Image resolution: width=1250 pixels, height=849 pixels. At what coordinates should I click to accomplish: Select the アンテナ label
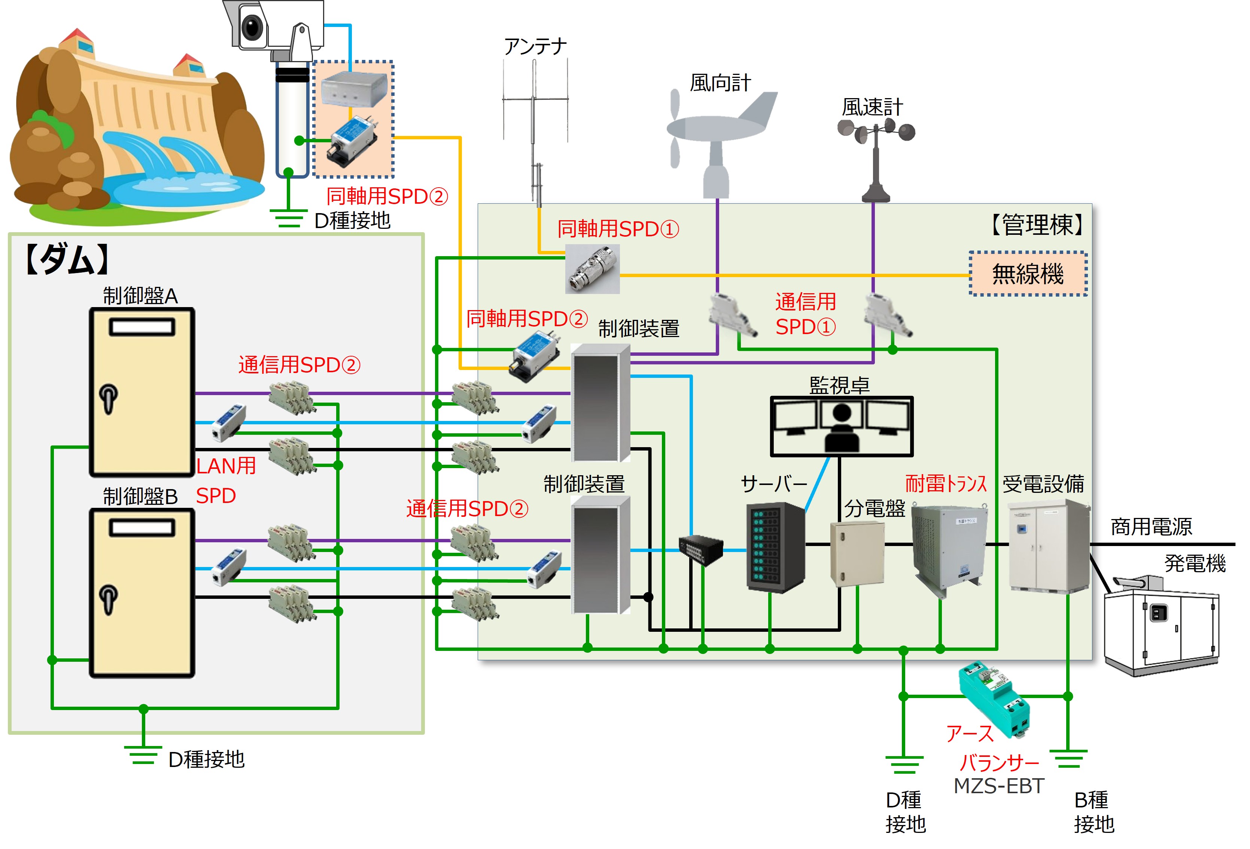click(x=535, y=46)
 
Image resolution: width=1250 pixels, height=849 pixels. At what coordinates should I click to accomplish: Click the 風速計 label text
click(x=872, y=107)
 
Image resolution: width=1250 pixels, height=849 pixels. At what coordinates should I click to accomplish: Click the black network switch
click(x=701, y=550)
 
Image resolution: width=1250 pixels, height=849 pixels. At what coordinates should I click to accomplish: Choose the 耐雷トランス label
click(x=946, y=484)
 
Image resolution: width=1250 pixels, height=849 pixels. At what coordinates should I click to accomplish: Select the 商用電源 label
click(x=1151, y=526)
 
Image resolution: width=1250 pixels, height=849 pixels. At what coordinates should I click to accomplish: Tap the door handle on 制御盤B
click(x=109, y=598)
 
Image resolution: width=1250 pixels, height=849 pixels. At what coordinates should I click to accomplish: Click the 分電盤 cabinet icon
click(x=857, y=553)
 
